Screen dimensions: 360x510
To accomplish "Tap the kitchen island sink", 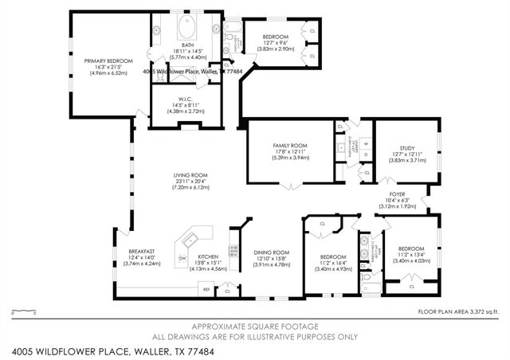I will click(192, 239).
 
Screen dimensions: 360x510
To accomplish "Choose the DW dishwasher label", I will click(182, 257).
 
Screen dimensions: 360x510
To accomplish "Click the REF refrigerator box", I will click(206, 290).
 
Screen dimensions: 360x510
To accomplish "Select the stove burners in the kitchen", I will click(234, 252).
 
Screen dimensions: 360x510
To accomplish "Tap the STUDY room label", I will click(407, 147).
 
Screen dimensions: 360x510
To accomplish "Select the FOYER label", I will click(397, 194).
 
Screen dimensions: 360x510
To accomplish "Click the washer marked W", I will click(366, 143).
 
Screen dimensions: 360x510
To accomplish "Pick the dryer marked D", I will click(366, 156).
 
